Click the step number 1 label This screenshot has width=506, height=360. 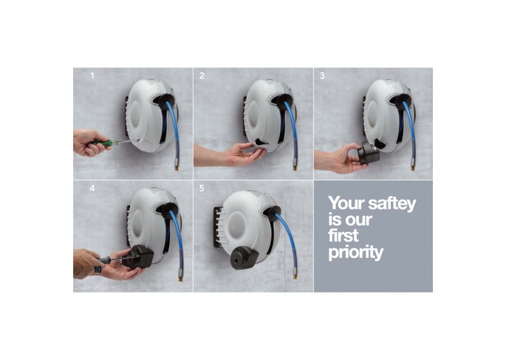[x=92, y=76]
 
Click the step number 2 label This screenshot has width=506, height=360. [x=202, y=76]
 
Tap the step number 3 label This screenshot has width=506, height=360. [x=322, y=76]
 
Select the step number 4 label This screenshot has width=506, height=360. [x=92, y=188]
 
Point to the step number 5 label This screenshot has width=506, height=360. [x=202, y=188]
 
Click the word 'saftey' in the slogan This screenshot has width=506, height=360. [x=392, y=204]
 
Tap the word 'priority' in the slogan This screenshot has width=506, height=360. [x=356, y=252]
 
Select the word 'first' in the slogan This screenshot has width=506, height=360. [x=343, y=235]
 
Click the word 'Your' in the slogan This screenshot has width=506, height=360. [x=346, y=203]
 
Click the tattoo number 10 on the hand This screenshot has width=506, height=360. [x=98, y=269]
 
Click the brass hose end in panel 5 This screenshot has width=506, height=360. [x=295, y=273]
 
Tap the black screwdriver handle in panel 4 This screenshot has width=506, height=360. [x=105, y=260]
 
